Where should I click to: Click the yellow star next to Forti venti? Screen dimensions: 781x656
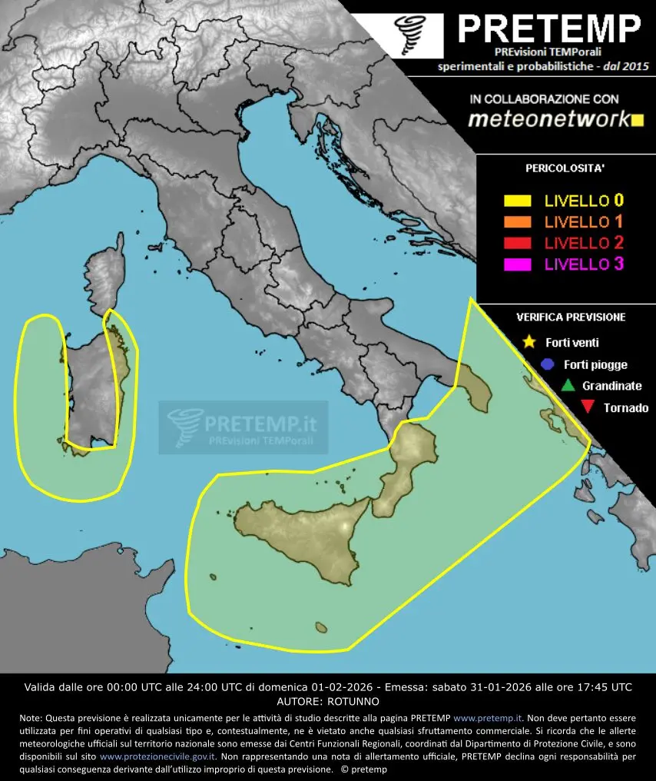pos(528,342)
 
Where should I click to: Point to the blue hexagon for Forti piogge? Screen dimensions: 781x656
pos(547,364)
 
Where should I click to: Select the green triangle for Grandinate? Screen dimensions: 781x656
pos(568,386)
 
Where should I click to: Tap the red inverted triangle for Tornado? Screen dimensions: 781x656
pos(588,408)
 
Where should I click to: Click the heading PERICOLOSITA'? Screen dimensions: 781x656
pos(565,167)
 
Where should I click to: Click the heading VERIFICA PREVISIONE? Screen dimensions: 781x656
pos(570,317)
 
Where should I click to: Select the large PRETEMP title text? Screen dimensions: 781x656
pos(548,30)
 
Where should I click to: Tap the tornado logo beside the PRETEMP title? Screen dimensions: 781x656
pos(407,35)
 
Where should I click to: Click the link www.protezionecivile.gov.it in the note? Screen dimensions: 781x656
pos(157,756)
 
